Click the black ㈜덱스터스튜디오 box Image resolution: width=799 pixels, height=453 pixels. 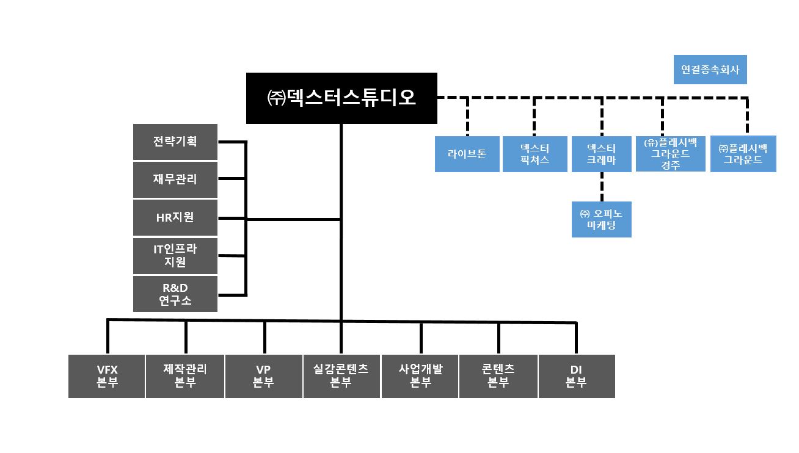coord(341,98)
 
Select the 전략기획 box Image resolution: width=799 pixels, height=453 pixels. coord(175,142)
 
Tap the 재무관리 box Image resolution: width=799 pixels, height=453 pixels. coord(175,179)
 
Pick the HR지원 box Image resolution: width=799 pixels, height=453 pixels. coord(175,217)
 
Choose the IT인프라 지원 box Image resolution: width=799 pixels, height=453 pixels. coord(175,256)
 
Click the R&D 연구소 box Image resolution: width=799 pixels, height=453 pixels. coord(175,294)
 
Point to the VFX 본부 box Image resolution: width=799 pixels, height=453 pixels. coord(107,376)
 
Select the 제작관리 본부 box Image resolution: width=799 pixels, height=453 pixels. coord(185,376)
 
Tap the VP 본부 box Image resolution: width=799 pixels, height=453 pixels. coord(264,376)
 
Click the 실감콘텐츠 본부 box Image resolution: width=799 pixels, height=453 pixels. coord(341,376)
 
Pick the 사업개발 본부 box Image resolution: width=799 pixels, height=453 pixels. coord(420,376)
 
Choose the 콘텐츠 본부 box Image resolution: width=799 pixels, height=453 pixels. coord(498,376)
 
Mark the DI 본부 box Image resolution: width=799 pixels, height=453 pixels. coord(576,376)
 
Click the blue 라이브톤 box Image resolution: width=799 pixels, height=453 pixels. coord(467,154)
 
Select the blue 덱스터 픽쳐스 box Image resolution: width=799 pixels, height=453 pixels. coord(534,154)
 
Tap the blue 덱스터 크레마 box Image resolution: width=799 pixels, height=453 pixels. coord(602,154)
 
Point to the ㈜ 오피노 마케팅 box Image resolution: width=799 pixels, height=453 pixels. coord(602,219)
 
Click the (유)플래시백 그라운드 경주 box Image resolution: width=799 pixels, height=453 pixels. coord(670,153)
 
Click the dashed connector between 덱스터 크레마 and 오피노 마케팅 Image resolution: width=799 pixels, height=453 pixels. coord(602,187)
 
